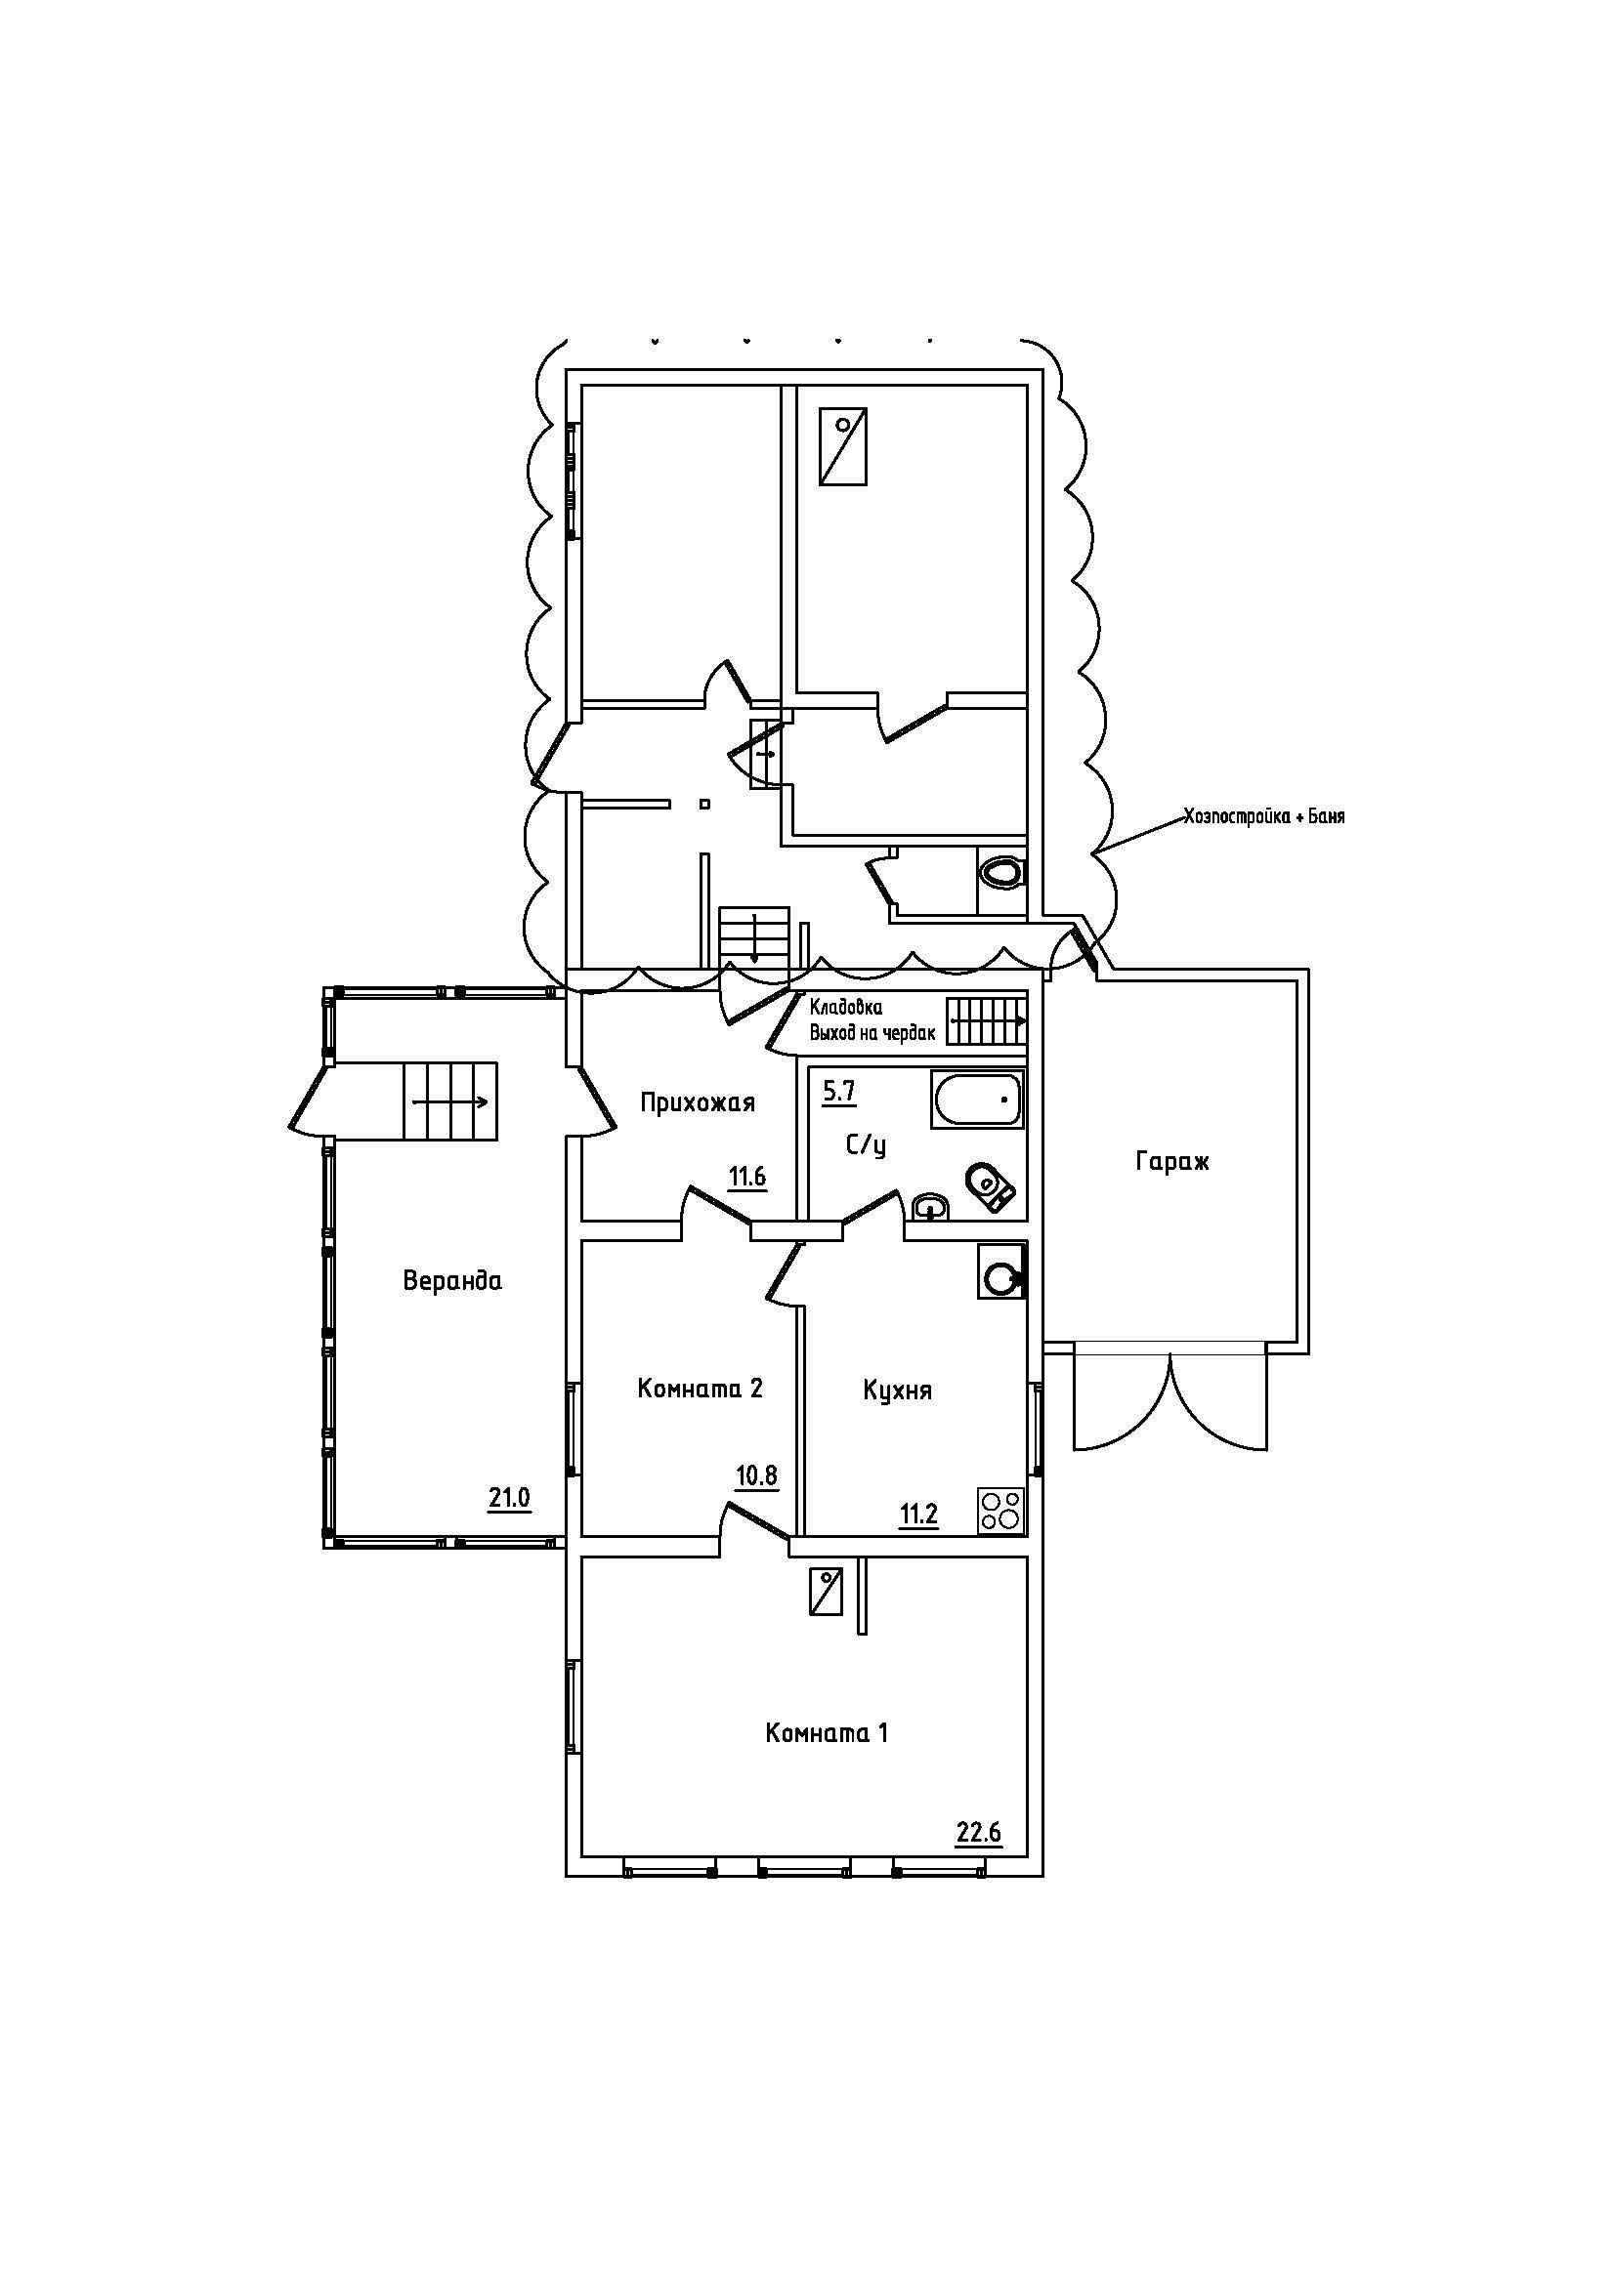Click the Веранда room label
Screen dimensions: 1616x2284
[451, 1280]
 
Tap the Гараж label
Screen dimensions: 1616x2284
[1172, 1161]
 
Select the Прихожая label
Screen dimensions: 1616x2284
[697, 1102]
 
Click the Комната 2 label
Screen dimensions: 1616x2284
[700, 1388]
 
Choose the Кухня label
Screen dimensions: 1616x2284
[898, 1390]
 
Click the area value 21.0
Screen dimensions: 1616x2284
[508, 1497]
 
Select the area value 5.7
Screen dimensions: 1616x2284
[839, 1093]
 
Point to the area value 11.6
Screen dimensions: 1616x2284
[746, 1178]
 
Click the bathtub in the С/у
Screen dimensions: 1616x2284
[976, 1100]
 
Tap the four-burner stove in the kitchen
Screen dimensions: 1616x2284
[1001, 1511]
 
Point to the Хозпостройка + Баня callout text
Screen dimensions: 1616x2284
[1263, 816]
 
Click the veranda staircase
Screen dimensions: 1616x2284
[449, 1101]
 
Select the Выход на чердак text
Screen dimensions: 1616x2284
[872, 1033]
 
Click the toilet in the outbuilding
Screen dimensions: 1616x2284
[1001, 872]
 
